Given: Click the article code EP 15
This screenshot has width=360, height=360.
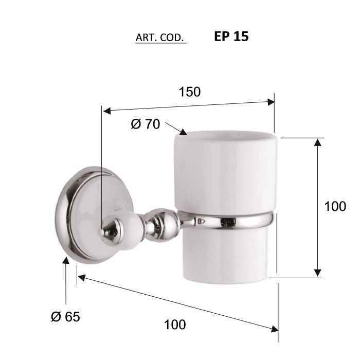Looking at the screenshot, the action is (x=231, y=37).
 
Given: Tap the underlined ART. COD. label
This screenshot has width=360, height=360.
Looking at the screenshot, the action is (x=160, y=38).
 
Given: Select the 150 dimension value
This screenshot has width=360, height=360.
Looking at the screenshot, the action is (x=190, y=92).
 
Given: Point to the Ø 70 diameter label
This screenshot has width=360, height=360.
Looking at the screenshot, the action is (x=146, y=124).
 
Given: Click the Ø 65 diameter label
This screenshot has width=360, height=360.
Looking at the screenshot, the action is (x=65, y=317).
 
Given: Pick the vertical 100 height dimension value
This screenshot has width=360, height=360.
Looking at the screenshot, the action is (x=335, y=206).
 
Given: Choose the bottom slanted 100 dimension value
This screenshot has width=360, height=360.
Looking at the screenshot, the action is (x=175, y=325).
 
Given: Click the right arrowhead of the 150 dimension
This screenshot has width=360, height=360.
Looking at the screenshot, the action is (x=271, y=102).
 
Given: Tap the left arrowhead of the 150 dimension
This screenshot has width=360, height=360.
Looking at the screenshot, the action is (x=107, y=111).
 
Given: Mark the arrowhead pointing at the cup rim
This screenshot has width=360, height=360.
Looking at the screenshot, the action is (x=183, y=132).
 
